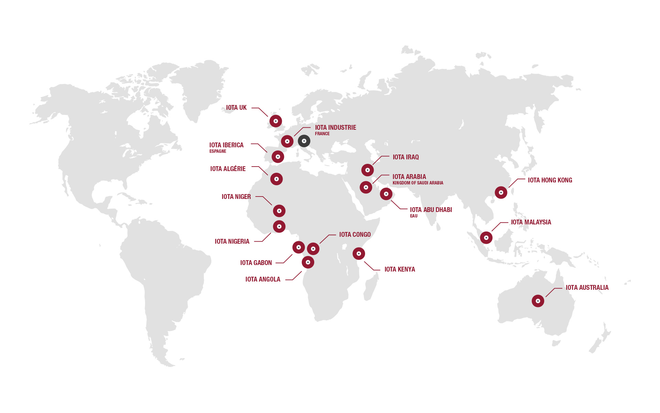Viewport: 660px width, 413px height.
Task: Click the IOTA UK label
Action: point(236,108)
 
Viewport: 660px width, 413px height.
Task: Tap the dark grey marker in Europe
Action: point(304,141)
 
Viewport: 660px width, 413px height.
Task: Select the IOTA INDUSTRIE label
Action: point(335,128)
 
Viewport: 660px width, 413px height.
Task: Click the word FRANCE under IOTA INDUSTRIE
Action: point(322,134)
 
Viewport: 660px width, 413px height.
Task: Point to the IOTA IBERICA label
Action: point(226,145)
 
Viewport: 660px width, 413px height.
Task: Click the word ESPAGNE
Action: point(218,151)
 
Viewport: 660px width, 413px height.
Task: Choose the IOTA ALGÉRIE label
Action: point(228,169)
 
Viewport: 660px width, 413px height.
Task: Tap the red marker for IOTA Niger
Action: point(279,211)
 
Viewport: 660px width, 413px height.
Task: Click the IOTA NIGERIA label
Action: point(232,242)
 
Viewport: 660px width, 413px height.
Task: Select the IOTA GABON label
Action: point(256,263)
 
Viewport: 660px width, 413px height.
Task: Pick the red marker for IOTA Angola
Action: point(308,262)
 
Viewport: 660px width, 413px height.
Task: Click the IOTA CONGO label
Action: point(355,235)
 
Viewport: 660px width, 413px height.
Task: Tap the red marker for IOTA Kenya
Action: point(359,254)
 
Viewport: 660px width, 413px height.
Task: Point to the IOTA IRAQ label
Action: point(406,157)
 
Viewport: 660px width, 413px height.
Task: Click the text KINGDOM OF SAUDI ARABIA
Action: point(418,183)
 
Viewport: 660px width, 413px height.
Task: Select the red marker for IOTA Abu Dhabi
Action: point(386,194)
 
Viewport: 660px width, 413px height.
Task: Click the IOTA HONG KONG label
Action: point(550,180)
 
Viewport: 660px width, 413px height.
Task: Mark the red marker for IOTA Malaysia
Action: point(486,237)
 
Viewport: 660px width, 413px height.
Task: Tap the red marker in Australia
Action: point(538,301)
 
